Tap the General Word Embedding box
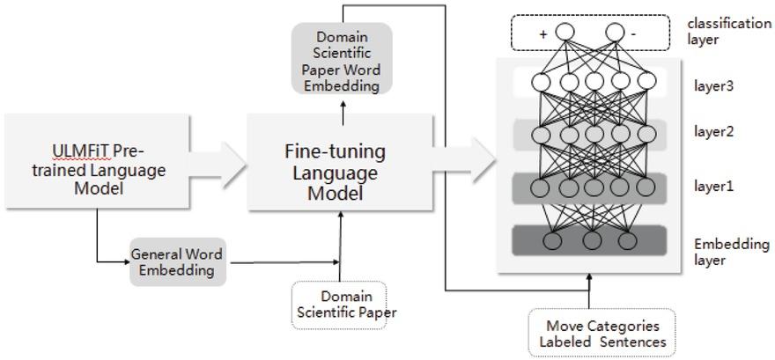coord(177,261)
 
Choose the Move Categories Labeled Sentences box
coord(602,333)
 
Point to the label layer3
coord(713,86)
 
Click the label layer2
coord(713,132)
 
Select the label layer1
coord(713,187)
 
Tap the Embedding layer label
coord(731,251)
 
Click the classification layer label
coord(729,31)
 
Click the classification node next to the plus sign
coord(565,33)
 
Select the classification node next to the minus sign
coord(616,33)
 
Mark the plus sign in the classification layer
coord(543,34)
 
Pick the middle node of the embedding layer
coord(592,240)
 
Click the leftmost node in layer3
coord(541,83)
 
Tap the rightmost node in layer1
coord(646,187)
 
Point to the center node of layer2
coord(594,135)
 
